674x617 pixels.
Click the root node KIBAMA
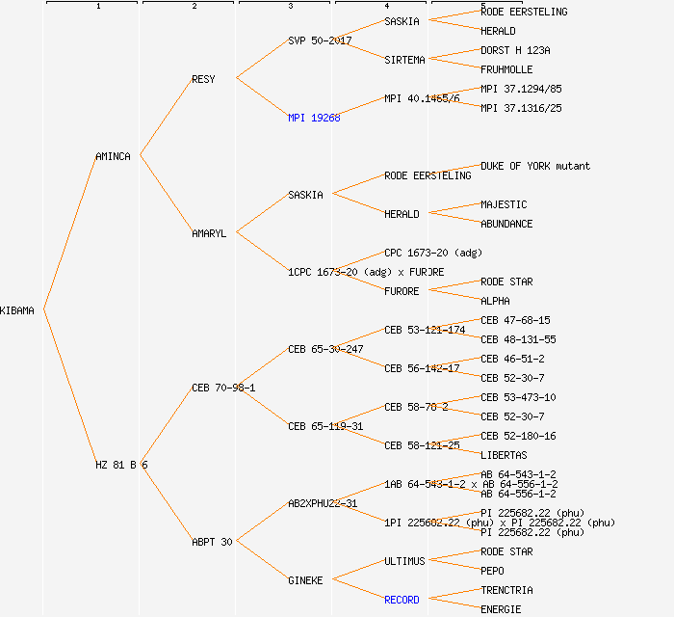[17, 310]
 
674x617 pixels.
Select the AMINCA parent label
[113, 156]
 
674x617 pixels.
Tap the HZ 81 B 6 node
[121, 465]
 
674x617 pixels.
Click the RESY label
[203, 79]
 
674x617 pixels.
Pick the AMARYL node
[209, 233]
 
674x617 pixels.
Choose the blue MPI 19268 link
[314, 118]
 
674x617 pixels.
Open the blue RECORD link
[402, 600]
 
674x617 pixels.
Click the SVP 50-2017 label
[320, 40]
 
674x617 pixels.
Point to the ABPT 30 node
[212, 542]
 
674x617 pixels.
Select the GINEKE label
[305, 580]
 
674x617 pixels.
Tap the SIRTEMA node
[404, 60]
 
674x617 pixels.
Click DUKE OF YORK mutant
[535, 166]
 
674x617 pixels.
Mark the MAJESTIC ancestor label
[504, 204]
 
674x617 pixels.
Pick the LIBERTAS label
[504, 455]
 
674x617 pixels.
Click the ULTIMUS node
[404, 561]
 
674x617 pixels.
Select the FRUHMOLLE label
[506, 69]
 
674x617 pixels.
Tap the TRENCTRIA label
[506, 590]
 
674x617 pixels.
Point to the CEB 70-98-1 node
[223, 388]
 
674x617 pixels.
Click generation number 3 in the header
[290, 7]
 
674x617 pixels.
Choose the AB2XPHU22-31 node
[323, 503]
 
